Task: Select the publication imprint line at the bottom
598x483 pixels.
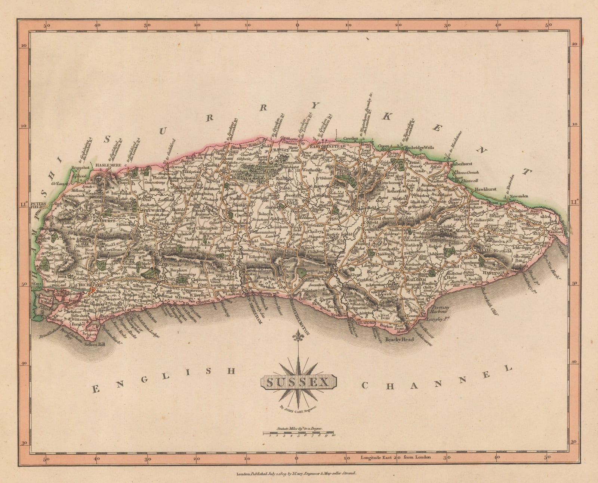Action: pos(298,473)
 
